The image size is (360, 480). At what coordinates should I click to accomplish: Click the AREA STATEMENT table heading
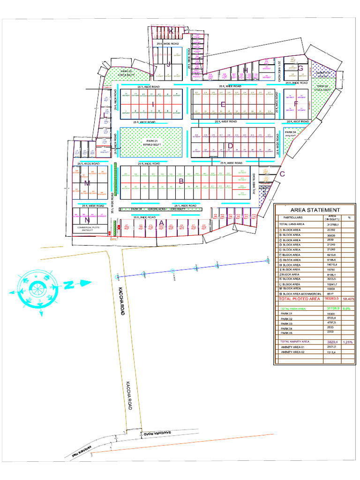315,210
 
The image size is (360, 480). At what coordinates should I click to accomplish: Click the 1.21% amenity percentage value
348,342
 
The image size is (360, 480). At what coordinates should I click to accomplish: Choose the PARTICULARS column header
293,218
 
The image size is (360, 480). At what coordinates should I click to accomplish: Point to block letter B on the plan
181,180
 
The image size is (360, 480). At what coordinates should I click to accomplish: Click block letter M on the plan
87,182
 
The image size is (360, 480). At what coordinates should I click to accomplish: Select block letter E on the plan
223,104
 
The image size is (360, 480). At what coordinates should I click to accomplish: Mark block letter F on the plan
296,104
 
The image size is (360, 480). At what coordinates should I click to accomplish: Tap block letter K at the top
172,31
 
